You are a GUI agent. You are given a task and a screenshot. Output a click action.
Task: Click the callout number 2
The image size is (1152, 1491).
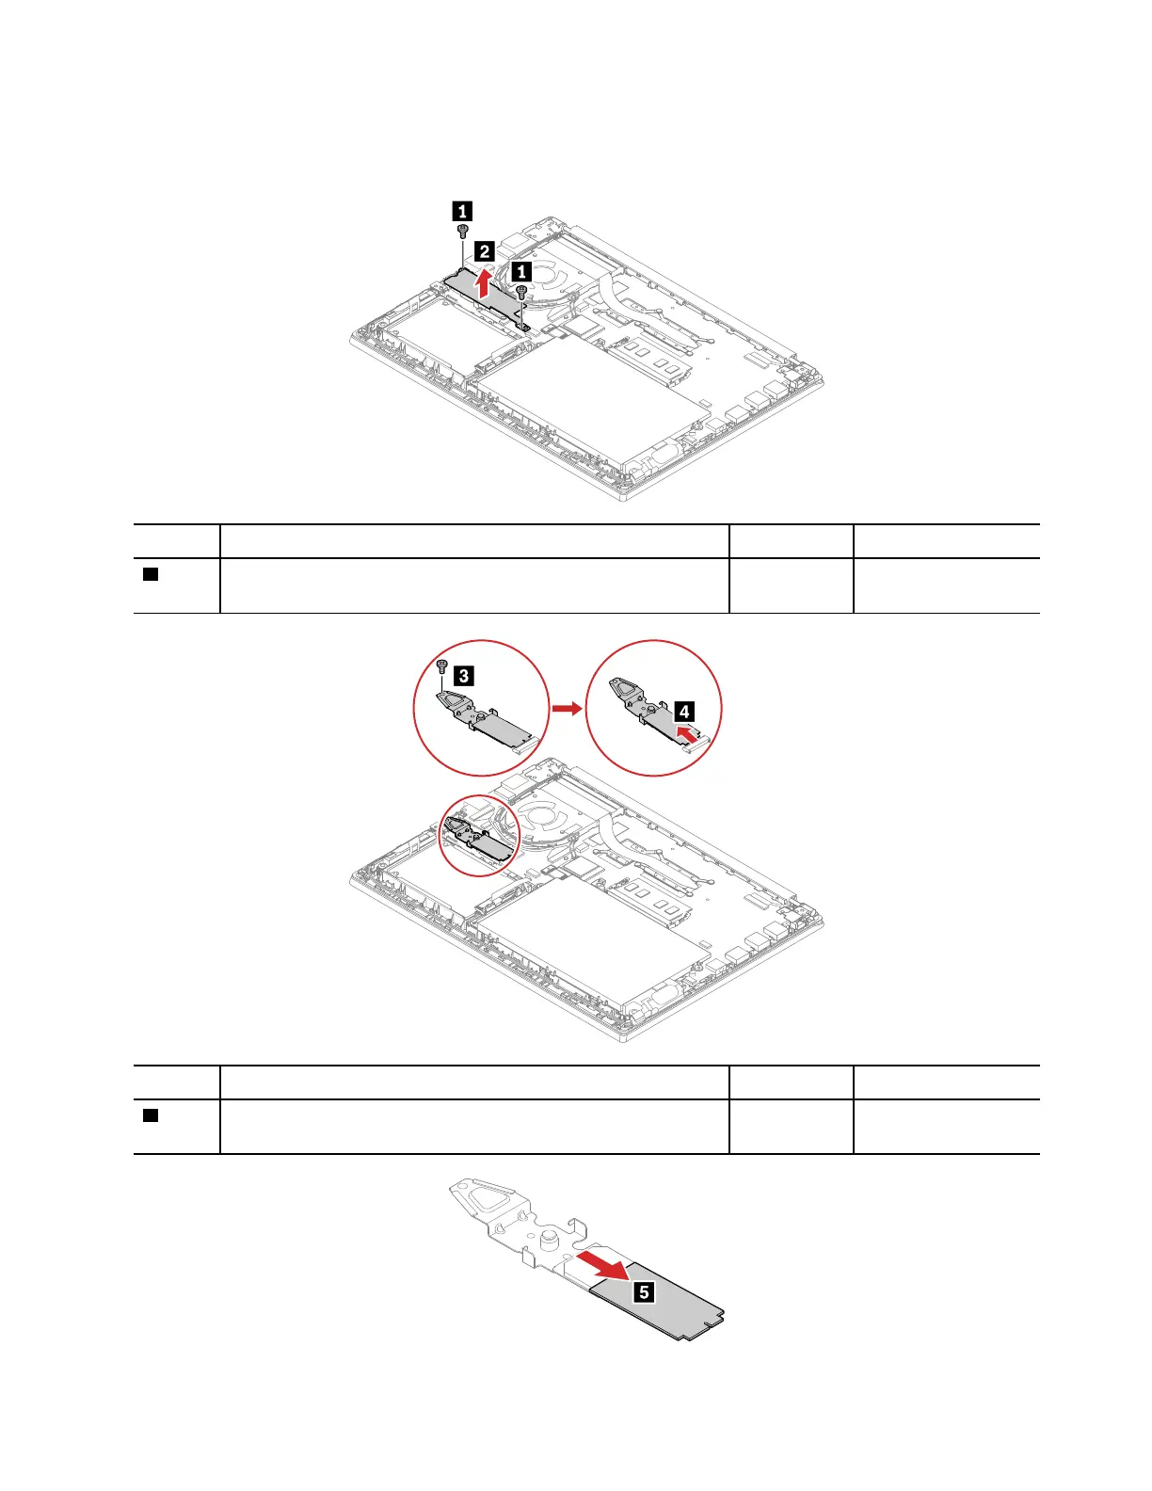click(483, 251)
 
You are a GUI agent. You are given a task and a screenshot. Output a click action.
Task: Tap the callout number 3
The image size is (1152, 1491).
click(463, 675)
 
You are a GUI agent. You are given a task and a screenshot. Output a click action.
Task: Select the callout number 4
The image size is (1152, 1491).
click(684, 713)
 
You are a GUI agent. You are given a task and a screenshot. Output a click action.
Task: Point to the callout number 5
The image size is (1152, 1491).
click(644, 1292)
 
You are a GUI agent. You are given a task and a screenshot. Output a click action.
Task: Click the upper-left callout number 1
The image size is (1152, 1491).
click(462, 212)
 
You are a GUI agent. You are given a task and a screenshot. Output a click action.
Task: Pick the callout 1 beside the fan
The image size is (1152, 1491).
click(520, 271)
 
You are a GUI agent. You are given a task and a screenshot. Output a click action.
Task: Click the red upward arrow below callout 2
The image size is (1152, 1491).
click(484, 281)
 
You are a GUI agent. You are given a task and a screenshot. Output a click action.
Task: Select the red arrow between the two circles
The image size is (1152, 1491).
click(567, 707)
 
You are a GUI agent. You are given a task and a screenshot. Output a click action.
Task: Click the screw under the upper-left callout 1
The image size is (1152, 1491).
click(462, 231)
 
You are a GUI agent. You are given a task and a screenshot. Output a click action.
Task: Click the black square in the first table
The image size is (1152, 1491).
click(150, 574)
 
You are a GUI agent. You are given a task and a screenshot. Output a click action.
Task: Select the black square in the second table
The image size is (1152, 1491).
click(150, 1115)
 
